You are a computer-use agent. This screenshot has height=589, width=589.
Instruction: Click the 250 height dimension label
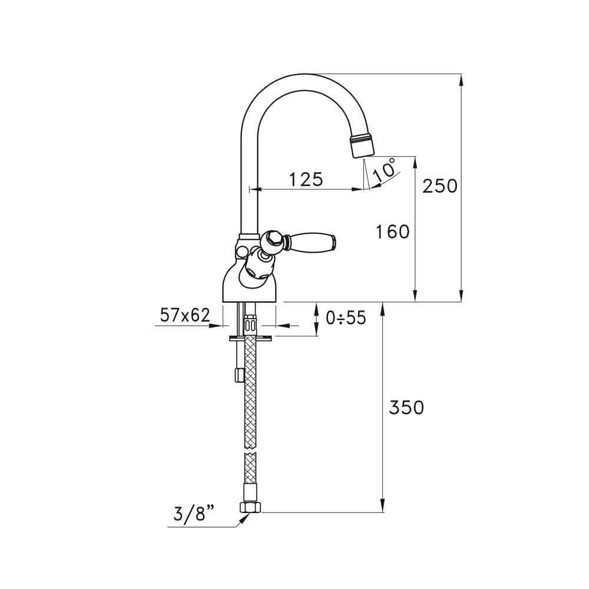click(439, 186)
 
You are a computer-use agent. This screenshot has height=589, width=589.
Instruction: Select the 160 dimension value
click(392, 232)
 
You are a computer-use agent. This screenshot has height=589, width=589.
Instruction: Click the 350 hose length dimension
click(406, 407)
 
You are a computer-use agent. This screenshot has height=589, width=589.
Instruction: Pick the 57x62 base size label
click(185, 316)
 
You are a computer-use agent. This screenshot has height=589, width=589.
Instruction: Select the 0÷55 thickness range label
click(346, 318)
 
